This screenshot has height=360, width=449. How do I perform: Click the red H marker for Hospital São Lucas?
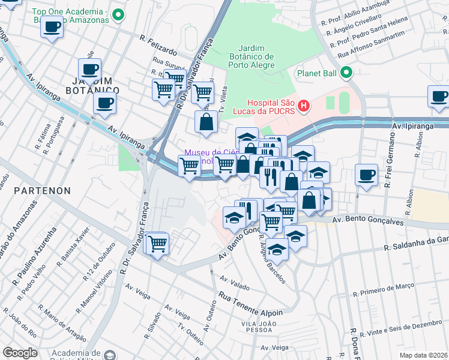304,107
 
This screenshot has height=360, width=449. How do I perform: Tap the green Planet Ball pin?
346,74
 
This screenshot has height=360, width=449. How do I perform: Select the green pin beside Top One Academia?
119,15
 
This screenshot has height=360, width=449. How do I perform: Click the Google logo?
20,353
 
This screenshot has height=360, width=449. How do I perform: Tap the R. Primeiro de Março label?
381,290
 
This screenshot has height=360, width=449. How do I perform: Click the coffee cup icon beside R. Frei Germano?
366,175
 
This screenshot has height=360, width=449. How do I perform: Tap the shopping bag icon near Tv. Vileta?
206,122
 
